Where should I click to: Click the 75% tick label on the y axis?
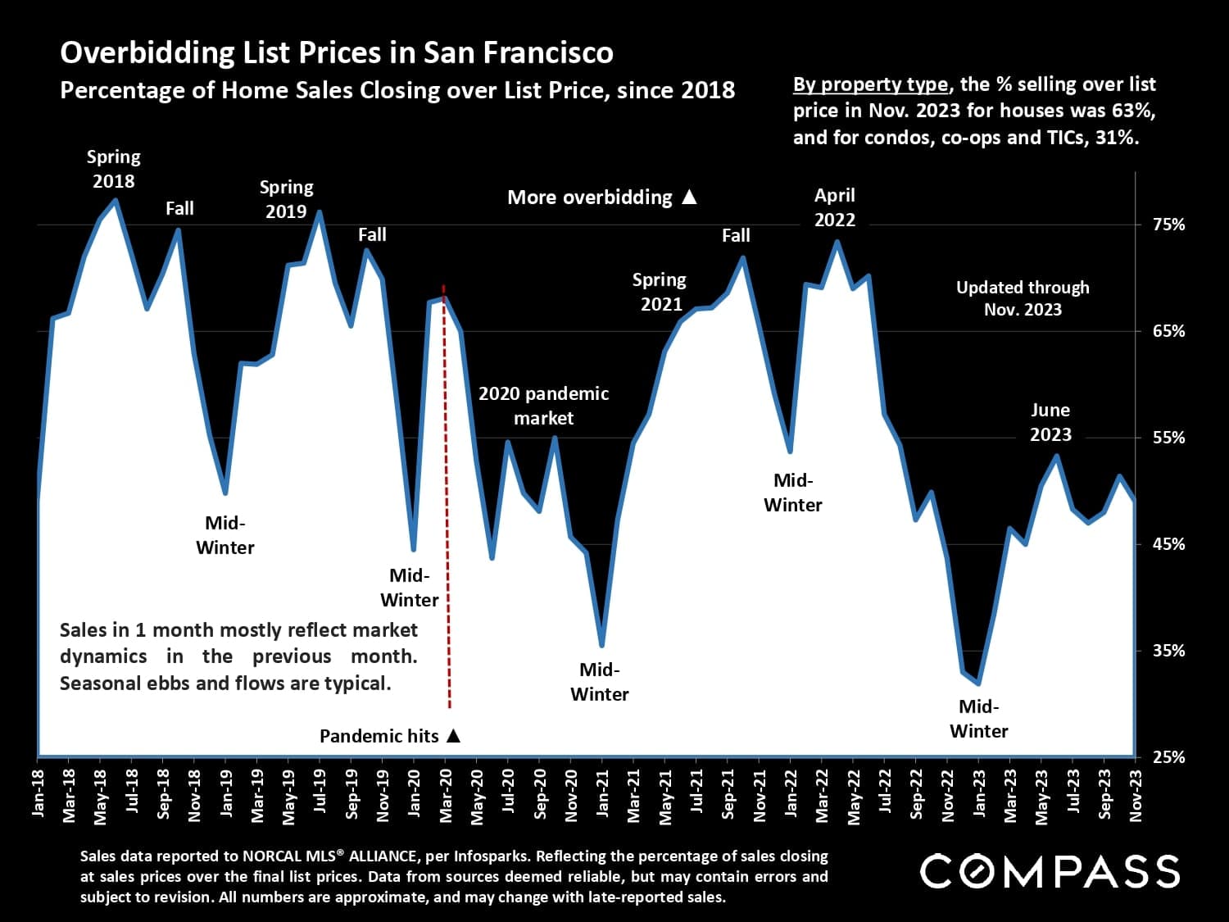coord(1168,225)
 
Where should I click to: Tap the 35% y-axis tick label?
coord(1168,651)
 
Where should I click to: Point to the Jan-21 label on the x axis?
coord(603,793)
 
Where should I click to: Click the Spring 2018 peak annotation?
coord(114,169)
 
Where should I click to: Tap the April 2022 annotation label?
coord(834,207)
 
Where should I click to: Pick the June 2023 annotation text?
coord(1050,422)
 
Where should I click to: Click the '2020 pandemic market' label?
coord(543,406)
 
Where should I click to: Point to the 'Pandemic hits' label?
coord(379,736)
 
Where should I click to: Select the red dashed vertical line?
coord(447,492)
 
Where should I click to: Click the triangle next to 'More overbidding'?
coord(690,197)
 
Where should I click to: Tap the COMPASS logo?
coord(1050,871)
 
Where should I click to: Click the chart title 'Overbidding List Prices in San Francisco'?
coord(337,52)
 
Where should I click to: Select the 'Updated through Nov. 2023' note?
coord(1023,298)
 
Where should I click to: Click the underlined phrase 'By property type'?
coord(870,84)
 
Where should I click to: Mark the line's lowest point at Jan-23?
coord(978,683)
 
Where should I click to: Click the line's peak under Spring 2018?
coord(116,200)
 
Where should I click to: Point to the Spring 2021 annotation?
coord(660,292)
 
